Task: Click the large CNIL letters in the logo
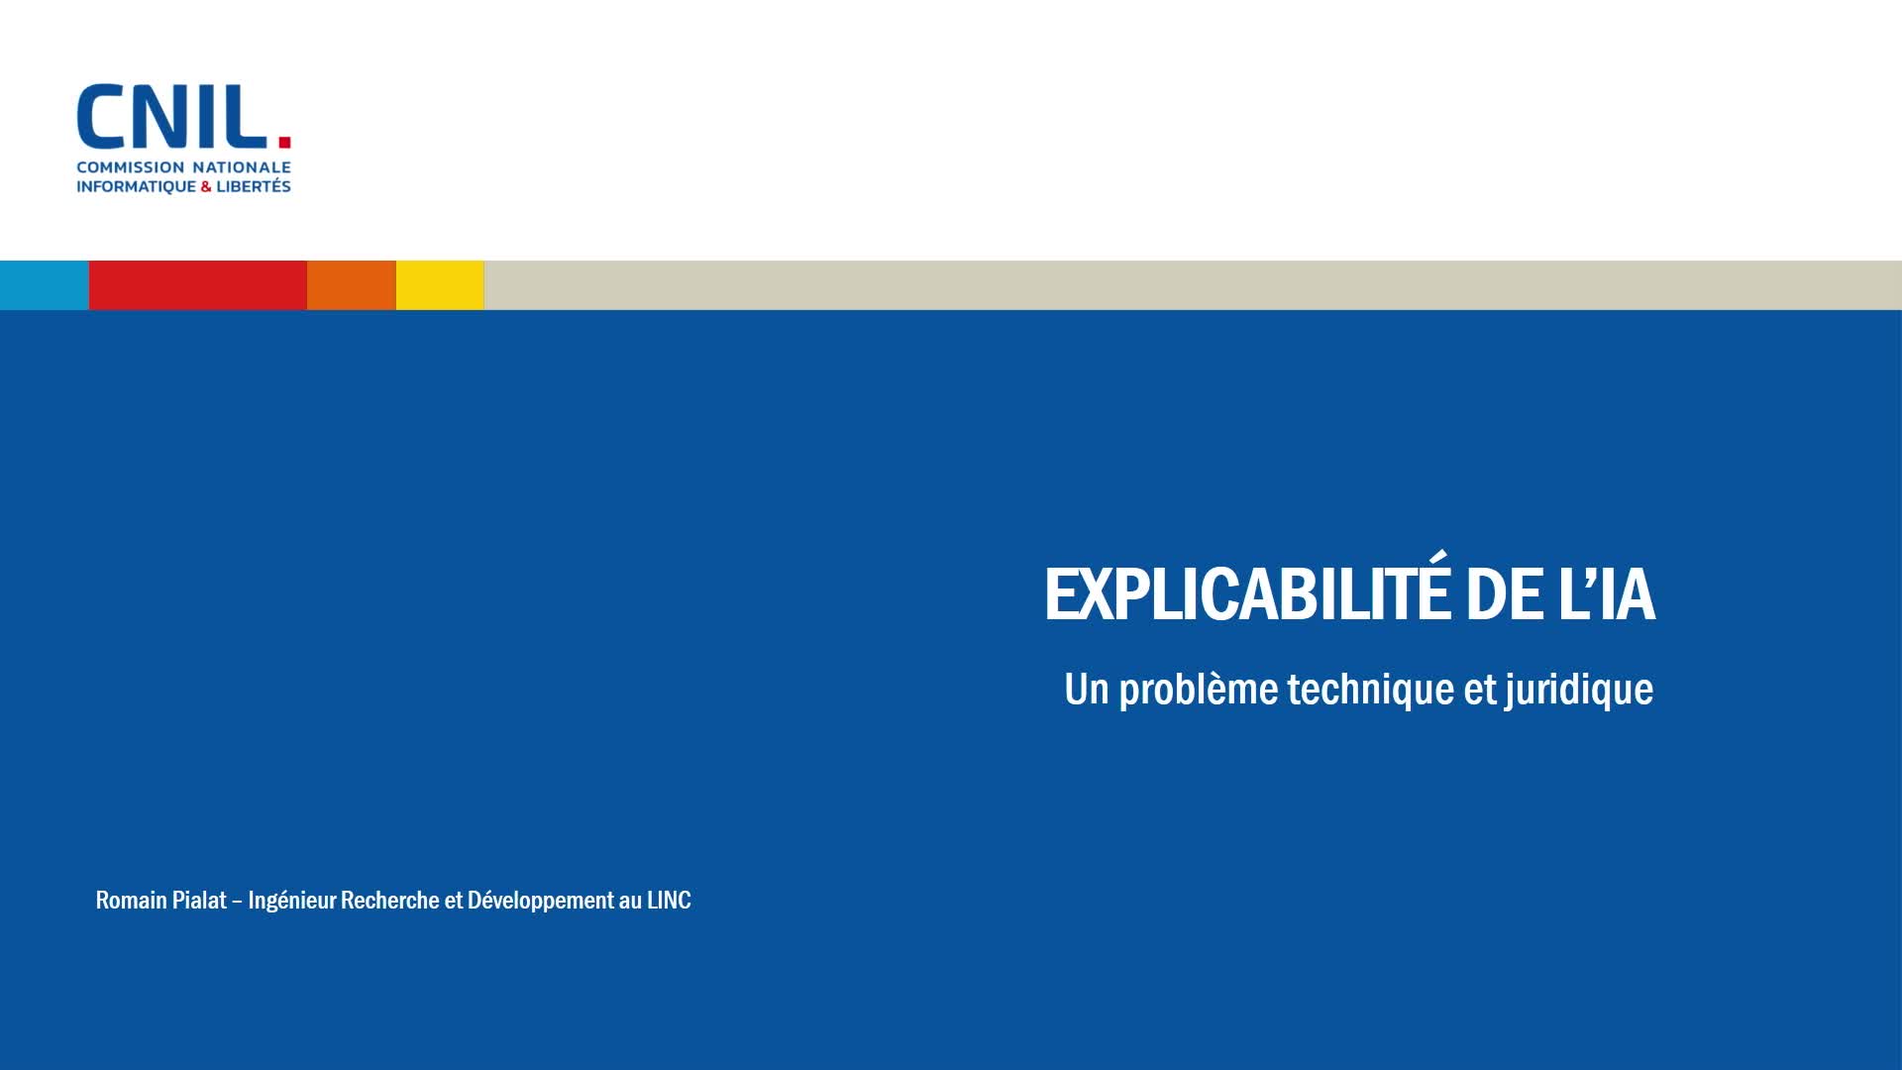point(171,116)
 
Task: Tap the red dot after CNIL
point(284,141)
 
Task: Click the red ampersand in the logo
point(206,186)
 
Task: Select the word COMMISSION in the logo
point(131,167)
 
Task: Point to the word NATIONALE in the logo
point(242,167)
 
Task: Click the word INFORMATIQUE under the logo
point(137,186)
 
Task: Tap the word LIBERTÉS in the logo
point(254,185)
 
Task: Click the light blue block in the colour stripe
point(45,285)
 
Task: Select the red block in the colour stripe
point(198,285)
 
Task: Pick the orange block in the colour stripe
point(352,285)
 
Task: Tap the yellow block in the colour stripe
point(440,285)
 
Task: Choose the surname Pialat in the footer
point(201,900)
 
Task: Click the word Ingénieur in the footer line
point(292,901)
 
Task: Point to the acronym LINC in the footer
point(669,900)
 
